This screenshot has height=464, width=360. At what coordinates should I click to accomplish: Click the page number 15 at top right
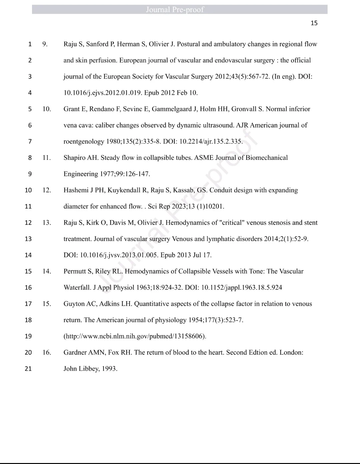coord(314,23)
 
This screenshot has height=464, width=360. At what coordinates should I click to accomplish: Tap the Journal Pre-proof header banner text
coord(175,10)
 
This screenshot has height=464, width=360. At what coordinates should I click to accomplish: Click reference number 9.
coord(45,44)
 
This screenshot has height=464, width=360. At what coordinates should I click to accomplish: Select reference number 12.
coord(47,190)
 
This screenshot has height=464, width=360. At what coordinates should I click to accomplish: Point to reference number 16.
coord(47,352)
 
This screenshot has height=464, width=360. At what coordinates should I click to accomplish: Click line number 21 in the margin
coord(28,369)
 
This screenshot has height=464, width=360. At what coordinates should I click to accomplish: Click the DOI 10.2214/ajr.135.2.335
coord(211,142)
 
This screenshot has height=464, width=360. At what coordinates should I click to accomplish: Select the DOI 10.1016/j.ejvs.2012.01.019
coord(103,93)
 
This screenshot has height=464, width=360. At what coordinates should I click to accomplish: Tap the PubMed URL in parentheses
coord(135,336)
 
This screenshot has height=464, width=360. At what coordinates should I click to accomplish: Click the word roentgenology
coord(84,142)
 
